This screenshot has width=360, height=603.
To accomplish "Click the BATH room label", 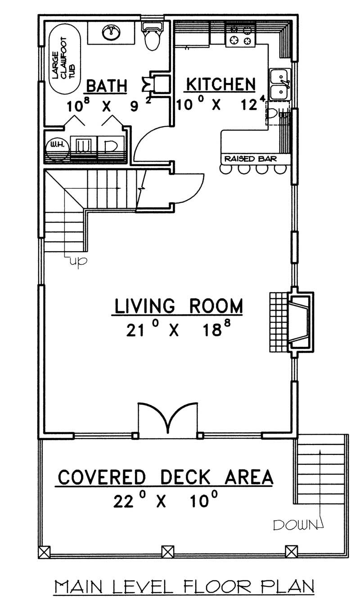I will tap(106, 85).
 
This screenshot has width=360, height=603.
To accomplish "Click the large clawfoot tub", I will tap(63, 59).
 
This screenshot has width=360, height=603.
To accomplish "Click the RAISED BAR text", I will tap(250, 159).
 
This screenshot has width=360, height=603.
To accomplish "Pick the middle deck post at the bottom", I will tap(167, 552).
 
